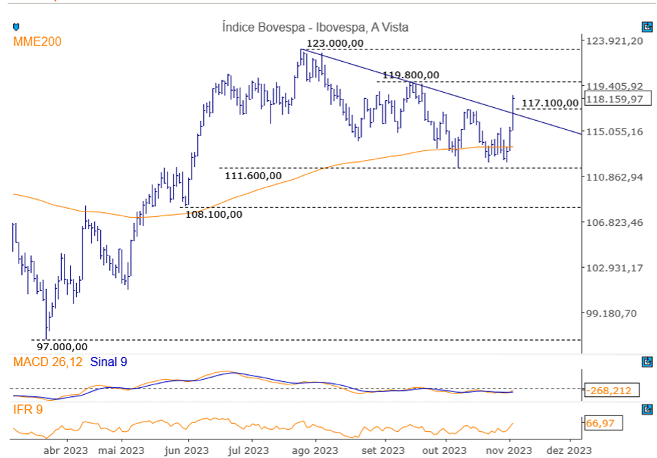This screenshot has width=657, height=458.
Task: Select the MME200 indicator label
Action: click(x=37, y=42)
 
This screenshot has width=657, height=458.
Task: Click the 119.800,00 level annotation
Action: click(x=411, y=75)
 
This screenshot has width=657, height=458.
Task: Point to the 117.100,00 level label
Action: click(x=550, y=104)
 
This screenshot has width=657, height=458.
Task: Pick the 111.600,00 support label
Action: click(x=253, y=176)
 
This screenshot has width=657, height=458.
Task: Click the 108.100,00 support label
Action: click(x=214, y=214)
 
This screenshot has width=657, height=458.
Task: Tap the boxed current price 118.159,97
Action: click(x=614, y=99)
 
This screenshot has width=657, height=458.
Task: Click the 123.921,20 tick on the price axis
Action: click(x=614, y=41)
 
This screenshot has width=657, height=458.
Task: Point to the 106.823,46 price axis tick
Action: click(x=614, y=222)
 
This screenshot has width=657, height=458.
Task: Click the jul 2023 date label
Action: click(x=248, y=450)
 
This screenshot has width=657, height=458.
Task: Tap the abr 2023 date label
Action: click(x=65, y=450)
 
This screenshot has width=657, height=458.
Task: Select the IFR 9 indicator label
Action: click(x=27, y=410)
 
